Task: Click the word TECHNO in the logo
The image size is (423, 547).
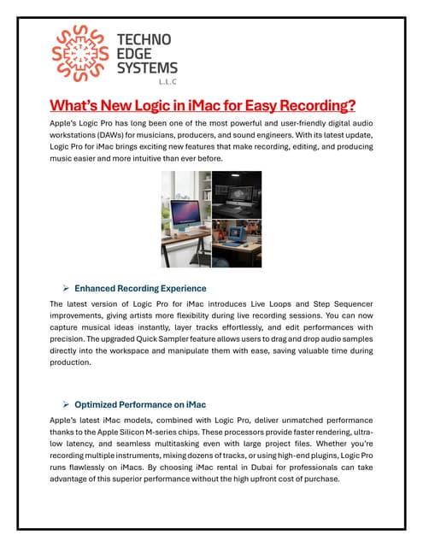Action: [x=143, y=39]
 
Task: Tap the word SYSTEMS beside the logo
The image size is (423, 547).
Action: [x=147, y=68]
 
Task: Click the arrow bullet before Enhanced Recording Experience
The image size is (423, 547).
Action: [x=65, y=288]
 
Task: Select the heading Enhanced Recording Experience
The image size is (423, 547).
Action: [x=140, y=288]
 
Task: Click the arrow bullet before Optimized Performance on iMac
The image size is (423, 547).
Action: [x=65, y=403]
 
